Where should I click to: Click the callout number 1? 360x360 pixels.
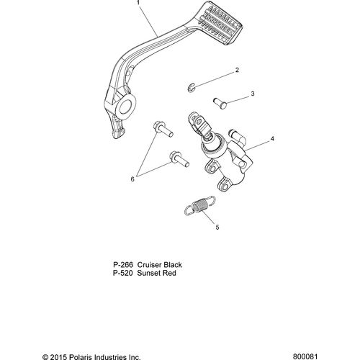[x=138, y=3]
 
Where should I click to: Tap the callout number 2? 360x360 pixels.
[x=237, y=70]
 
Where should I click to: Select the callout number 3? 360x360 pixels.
[x=253, y=94]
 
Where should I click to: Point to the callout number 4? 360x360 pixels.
[x=272, y=139]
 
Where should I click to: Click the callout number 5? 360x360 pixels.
[x=217, y=227]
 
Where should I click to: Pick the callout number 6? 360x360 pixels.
[x=132, y=179]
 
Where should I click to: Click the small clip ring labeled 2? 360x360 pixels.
[x=192, y=87]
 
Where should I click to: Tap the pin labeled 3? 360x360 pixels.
[x=220, y=102]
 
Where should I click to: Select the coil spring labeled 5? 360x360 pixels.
[x=200, y=206]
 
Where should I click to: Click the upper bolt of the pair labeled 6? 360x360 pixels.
[x=163, y=129]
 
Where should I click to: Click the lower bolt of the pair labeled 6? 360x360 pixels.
[x=179, y=158]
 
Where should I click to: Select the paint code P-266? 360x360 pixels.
[x=123, y=265]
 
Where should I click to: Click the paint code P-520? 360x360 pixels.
[x=122, y=273]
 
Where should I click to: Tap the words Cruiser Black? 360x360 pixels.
[x=159, y=265]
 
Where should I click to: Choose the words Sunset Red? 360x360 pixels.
[x=156, y=273]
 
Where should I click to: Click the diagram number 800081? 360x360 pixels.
[x=305, y=356]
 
